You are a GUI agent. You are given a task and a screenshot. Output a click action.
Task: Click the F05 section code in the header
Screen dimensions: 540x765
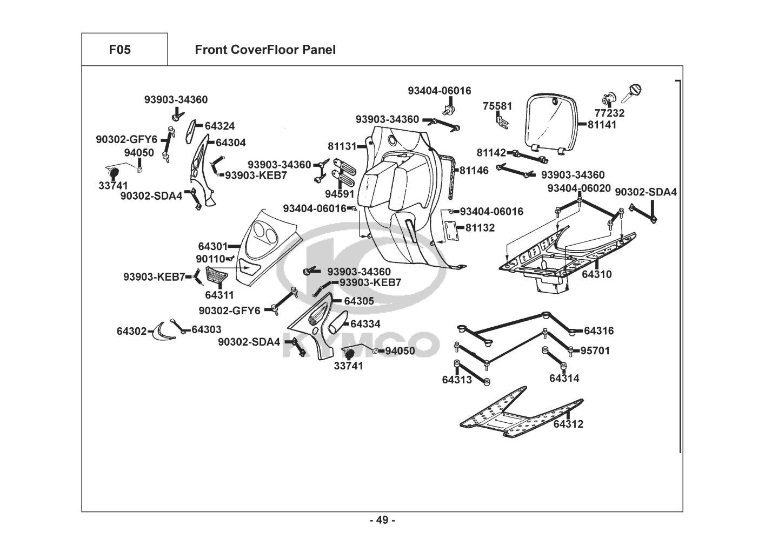coord(119,50)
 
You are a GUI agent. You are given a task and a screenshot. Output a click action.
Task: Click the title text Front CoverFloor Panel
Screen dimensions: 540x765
coord(265,50)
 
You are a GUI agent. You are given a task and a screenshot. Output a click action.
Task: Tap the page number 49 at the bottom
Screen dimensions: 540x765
coord(382,520)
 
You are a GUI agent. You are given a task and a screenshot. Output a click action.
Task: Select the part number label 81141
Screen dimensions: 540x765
coord(602,125)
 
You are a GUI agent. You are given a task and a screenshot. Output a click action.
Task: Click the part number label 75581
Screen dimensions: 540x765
coord(497,106)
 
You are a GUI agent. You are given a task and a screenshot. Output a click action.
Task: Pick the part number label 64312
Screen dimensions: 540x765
coord(568,424)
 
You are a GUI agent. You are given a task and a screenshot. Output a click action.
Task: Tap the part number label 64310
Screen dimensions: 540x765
coord(597,274)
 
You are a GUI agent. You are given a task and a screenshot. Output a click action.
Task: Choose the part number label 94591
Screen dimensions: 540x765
coord(340,193)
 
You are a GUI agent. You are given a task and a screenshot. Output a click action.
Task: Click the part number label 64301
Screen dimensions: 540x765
coord(212,246)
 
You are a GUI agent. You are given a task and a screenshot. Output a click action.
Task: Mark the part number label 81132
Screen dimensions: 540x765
coord(480,228)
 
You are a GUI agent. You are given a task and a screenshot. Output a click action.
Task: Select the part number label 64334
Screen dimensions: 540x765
coord(365,324)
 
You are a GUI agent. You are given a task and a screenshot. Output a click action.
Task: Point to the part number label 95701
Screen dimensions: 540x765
coord(595,351)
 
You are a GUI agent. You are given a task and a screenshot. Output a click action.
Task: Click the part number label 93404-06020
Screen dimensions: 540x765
coord(579,188)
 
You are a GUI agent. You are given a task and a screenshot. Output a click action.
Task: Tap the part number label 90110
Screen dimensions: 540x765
coord(210,259)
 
